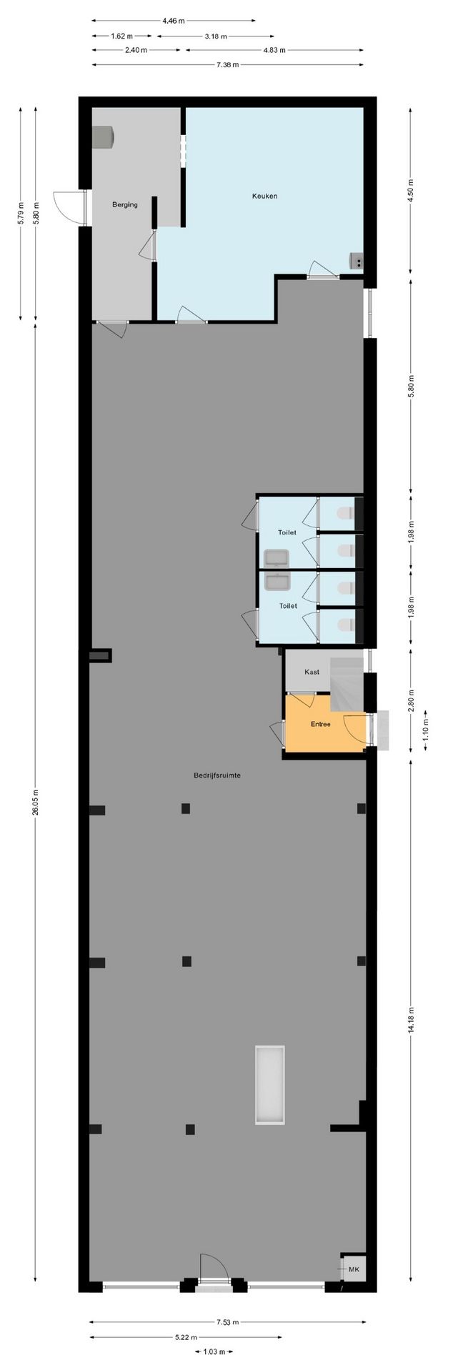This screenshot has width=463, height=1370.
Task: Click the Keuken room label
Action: point(264,196)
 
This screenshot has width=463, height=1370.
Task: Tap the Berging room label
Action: point(124,205)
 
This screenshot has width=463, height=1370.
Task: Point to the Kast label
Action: point(312,672)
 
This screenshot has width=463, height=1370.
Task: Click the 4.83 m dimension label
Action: point(274,50)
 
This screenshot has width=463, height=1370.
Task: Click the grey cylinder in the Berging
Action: point(104,136)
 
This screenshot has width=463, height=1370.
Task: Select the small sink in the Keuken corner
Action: point(356,261)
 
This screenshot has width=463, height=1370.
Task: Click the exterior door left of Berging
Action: point(69,208)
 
